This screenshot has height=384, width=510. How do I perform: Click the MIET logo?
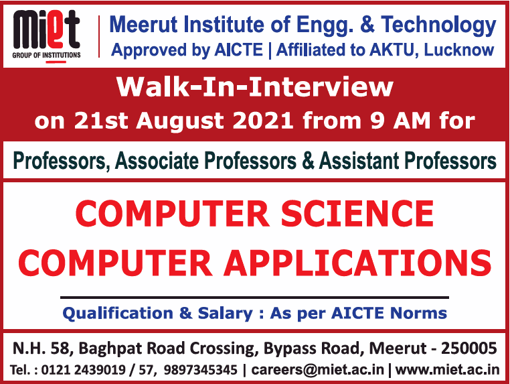coord(46,35)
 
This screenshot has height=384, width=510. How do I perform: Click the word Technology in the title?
coord(438,26)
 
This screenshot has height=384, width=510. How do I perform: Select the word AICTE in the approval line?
coord(238,50)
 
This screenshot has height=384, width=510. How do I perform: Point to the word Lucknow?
coord(459,50)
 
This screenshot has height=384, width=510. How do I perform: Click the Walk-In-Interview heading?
coord(255,87)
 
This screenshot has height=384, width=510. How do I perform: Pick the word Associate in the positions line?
coord(157,161)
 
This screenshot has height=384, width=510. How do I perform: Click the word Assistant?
coord(359,161)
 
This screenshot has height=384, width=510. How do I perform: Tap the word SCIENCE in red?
coord(357,214)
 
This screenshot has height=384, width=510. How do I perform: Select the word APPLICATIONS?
coord(357,263)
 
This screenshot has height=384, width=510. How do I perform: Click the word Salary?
coord(225,314)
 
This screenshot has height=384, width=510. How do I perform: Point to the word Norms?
coord(418,313)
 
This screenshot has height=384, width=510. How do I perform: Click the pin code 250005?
coord(469,348)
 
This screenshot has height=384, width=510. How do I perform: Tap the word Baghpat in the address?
coord(111,349)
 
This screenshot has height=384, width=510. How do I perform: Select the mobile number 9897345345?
coord(201,370)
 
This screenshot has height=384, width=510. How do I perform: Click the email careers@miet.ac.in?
coord(318,370)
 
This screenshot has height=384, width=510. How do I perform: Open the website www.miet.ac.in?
coord(448,370)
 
